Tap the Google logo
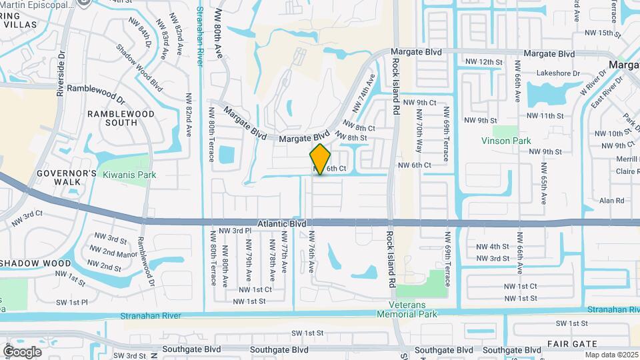[22, 351]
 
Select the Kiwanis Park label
[129, 175]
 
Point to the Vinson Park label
[505, 141]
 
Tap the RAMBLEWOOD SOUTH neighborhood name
[121, 118]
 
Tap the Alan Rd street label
[611, 200]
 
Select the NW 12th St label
[483, 62]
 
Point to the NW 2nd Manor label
[111, 253]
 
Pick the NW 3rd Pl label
[237, 230]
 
